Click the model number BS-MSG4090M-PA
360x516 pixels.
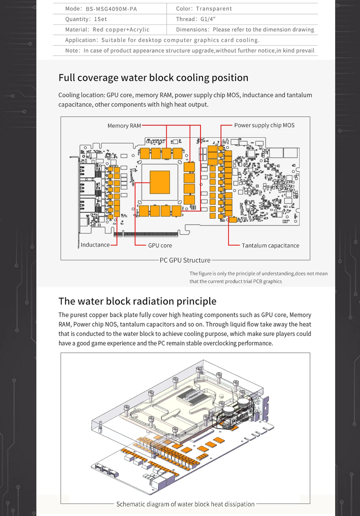pyautogui.click(x=111, y=9)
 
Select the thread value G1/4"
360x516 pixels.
pyautogui.click(x=208, y=19)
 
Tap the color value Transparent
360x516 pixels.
pyautogui.click(x=214, y=9)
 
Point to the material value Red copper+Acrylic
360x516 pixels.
pyautogui.click(x=121, y=30)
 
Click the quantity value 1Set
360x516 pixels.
pyautogui.click(x=100, y=19)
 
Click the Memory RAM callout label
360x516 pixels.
pyautogui.click(x=124, y=126)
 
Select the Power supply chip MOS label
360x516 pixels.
pyautogui.click(x=264, y=125)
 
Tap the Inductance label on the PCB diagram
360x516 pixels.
pyautogui.click(x=95, y=245)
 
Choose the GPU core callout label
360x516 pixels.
pyautogui.click(x=160, y=245)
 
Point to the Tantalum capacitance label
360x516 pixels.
pyautogui.click(x=270, y=246)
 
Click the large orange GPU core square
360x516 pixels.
pyautogui.click(x=159, y=182)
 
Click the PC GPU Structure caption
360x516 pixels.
pyautogui.click(x=185, y=260)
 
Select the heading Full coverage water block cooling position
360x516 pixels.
pyautogui.click(x=153, y=78)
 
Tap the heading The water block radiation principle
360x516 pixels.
pyautogui.click(x=138, y=301)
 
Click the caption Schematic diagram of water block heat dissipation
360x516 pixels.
pyautogui.click(x=185, y=504)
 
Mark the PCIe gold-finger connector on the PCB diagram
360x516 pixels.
pyautogui.click(x=150, y=234)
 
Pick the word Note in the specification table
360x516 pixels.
pyautogui.click(x=72, y=50)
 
